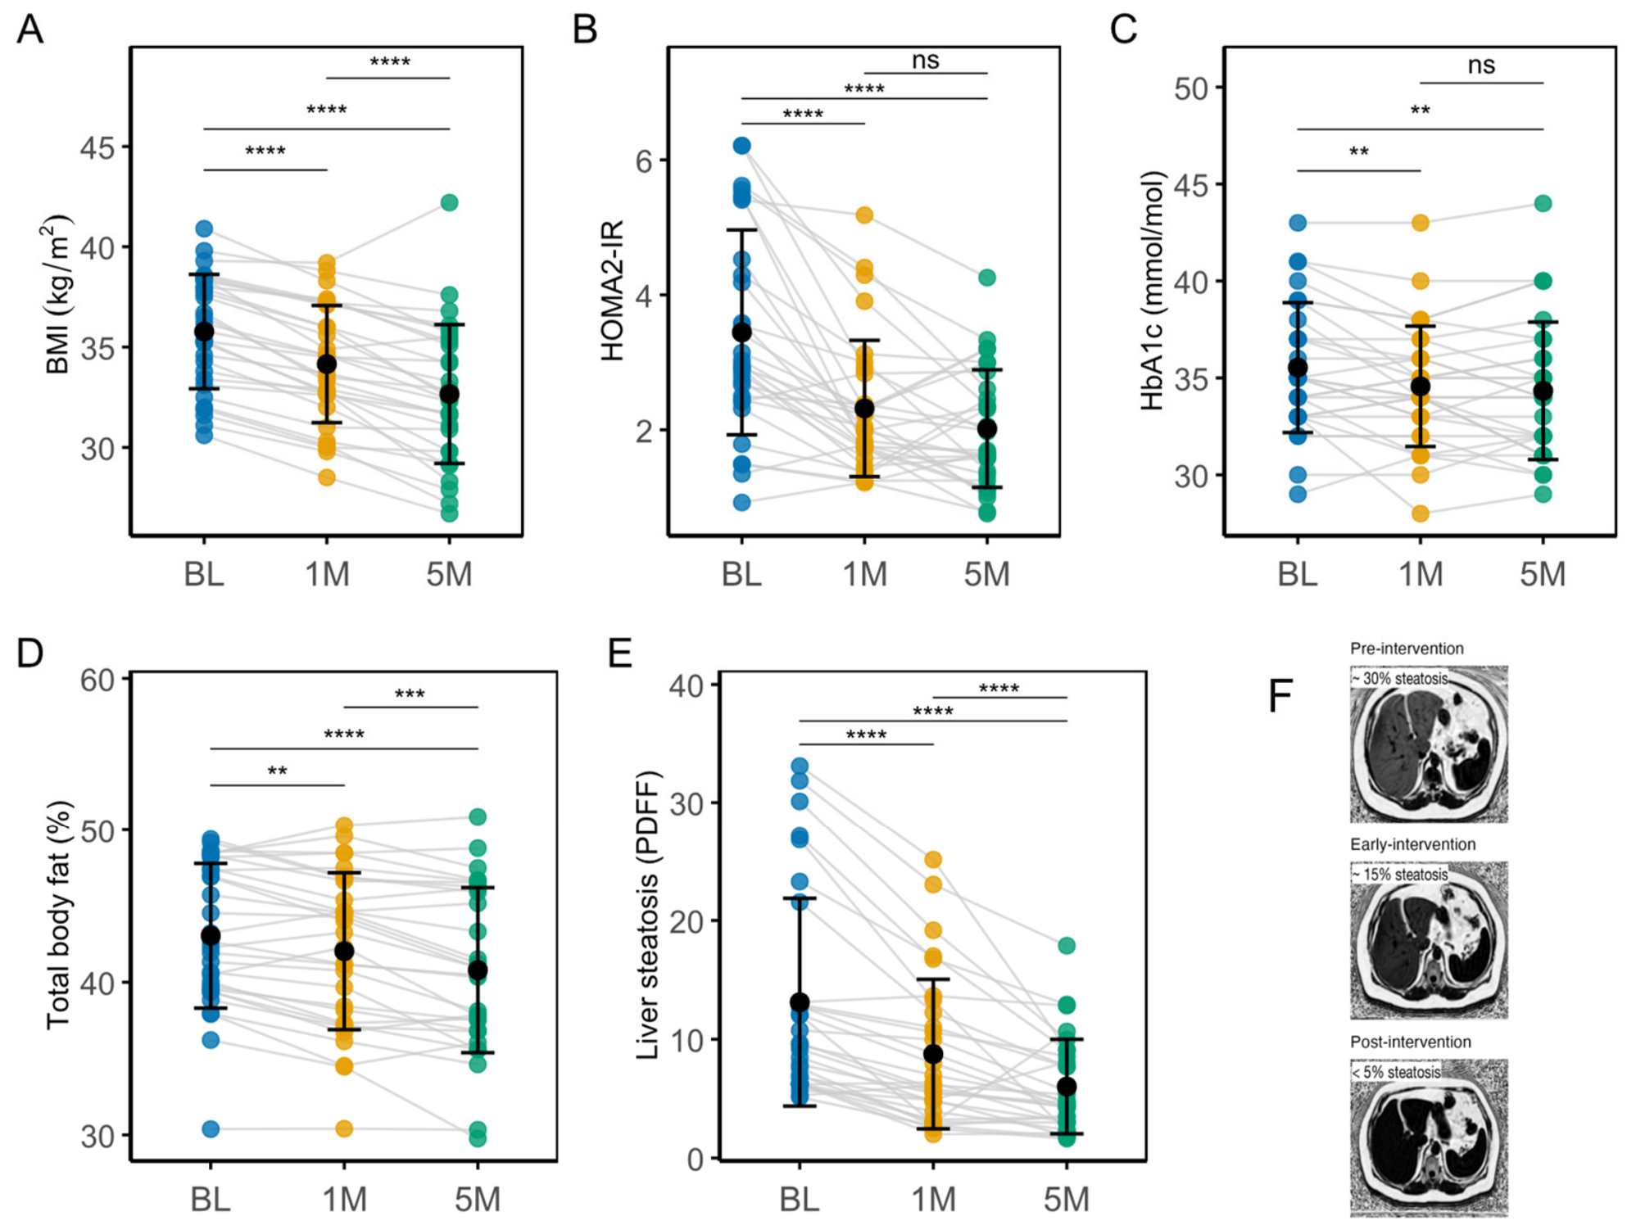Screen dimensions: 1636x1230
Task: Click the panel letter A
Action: click(30, 29)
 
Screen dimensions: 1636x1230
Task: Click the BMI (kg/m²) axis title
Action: click(58, 295)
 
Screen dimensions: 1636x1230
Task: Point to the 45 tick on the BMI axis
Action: click(97, 148)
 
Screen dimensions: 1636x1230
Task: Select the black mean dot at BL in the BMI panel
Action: click(203, 332)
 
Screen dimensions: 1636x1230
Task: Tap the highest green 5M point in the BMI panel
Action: click(449, 202)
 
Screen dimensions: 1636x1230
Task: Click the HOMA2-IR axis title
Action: click(612, 291)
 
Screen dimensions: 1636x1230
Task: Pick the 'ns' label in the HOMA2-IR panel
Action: click(926, 60)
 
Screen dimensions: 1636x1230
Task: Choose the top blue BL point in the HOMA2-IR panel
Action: click(741, 146)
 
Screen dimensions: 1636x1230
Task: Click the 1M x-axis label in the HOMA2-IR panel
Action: click(865, 574)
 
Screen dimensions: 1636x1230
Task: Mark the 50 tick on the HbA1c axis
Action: click(1191, 88)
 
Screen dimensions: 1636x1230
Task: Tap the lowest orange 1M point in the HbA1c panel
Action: click(1420, 513)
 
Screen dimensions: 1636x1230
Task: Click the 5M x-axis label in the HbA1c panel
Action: click(1543, 574)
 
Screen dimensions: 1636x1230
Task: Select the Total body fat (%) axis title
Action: click(59, 915)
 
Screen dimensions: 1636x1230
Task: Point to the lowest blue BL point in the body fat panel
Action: click(211, 1129)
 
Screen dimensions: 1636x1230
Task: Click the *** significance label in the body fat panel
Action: click(410, 695)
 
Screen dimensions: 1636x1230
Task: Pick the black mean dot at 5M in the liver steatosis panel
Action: click(1066, 1087)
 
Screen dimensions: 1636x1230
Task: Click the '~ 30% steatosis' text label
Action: click(1399, 678)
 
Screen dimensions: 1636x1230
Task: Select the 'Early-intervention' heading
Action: click(1413, 844)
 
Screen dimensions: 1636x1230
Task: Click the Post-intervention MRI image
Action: click(1429, 1137)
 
